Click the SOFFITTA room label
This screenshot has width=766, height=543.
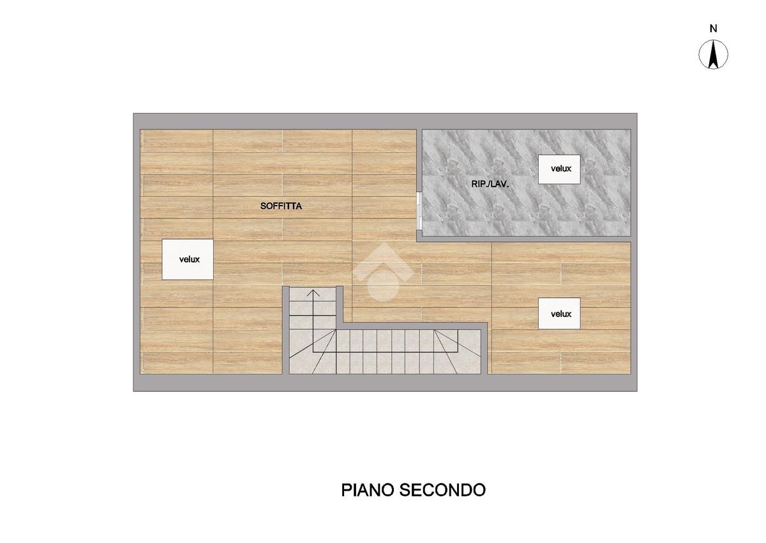[x=281, y=206]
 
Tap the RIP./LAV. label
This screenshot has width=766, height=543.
[x=490, y=184]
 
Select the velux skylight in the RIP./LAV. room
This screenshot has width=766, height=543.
[x=559, y=169]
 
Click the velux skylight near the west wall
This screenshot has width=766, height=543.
[x=188, y=259]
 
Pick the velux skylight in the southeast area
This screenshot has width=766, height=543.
[x=559, y=314]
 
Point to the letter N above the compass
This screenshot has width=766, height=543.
[x=713, y=29]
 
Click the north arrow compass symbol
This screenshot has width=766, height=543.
[x=713, y=54]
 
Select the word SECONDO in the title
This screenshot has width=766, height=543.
[x=442, y=490]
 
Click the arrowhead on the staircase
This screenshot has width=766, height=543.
[x=313, y=293]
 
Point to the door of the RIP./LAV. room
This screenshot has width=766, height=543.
[x=419, y=210]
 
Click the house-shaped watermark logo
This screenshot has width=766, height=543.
[x=383, y=271]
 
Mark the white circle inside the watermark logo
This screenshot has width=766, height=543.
[x=383, y=286]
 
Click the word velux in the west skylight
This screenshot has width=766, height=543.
[x=189, y=259]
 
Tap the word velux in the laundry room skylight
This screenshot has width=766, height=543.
[x=561, y=169]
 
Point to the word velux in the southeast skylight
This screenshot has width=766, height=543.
[x=561, y=314]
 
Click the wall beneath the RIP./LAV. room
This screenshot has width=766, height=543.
[x=523, y=239]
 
